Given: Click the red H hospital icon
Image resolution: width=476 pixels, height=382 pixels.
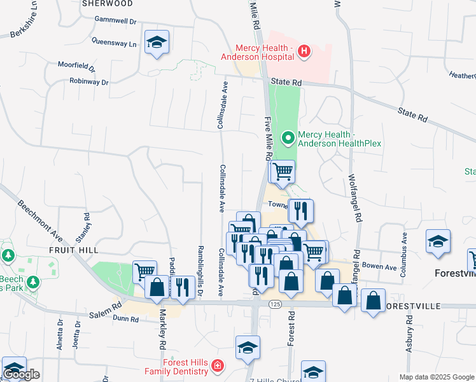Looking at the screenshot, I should [304, 51].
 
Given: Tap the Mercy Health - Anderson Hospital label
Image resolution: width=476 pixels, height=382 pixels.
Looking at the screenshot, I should [264, 52].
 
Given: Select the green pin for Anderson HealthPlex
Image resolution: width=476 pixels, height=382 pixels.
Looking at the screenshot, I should [288, 137].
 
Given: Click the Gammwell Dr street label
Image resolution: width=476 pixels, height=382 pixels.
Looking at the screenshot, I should [115, 20].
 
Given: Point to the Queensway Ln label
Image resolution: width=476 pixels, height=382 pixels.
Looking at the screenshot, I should [115, 45].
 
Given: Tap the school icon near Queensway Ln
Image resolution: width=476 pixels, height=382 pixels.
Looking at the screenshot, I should [157, 43].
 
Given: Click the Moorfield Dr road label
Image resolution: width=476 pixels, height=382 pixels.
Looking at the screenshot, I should [76, 66].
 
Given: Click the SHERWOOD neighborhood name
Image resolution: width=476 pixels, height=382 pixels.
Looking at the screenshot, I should [107, 3].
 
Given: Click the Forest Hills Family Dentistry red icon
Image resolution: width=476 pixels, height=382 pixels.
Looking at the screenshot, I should [218, 366].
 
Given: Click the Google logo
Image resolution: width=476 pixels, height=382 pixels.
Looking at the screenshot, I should [21, 374].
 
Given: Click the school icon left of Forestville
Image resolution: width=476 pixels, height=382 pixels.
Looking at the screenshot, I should [438, 241].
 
